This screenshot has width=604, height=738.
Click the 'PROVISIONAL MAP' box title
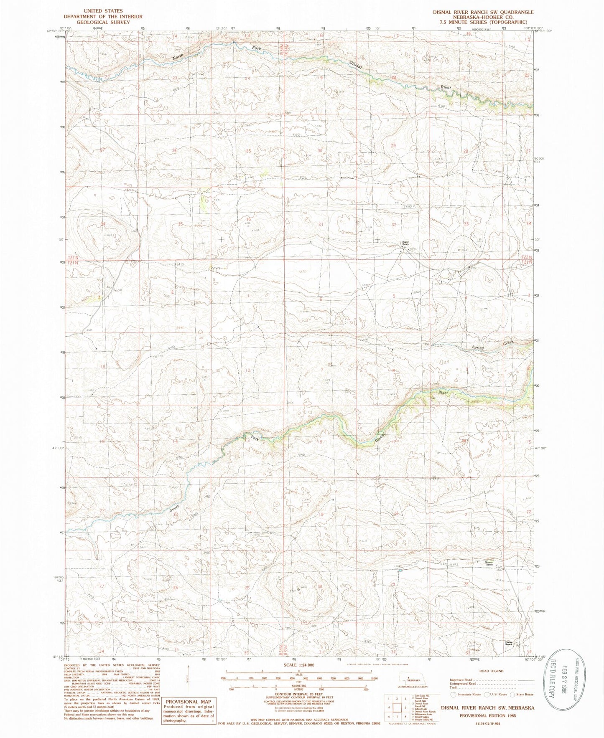click(x=189, y=702)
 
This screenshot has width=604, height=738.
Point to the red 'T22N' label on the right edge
click(x=527, y=256)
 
